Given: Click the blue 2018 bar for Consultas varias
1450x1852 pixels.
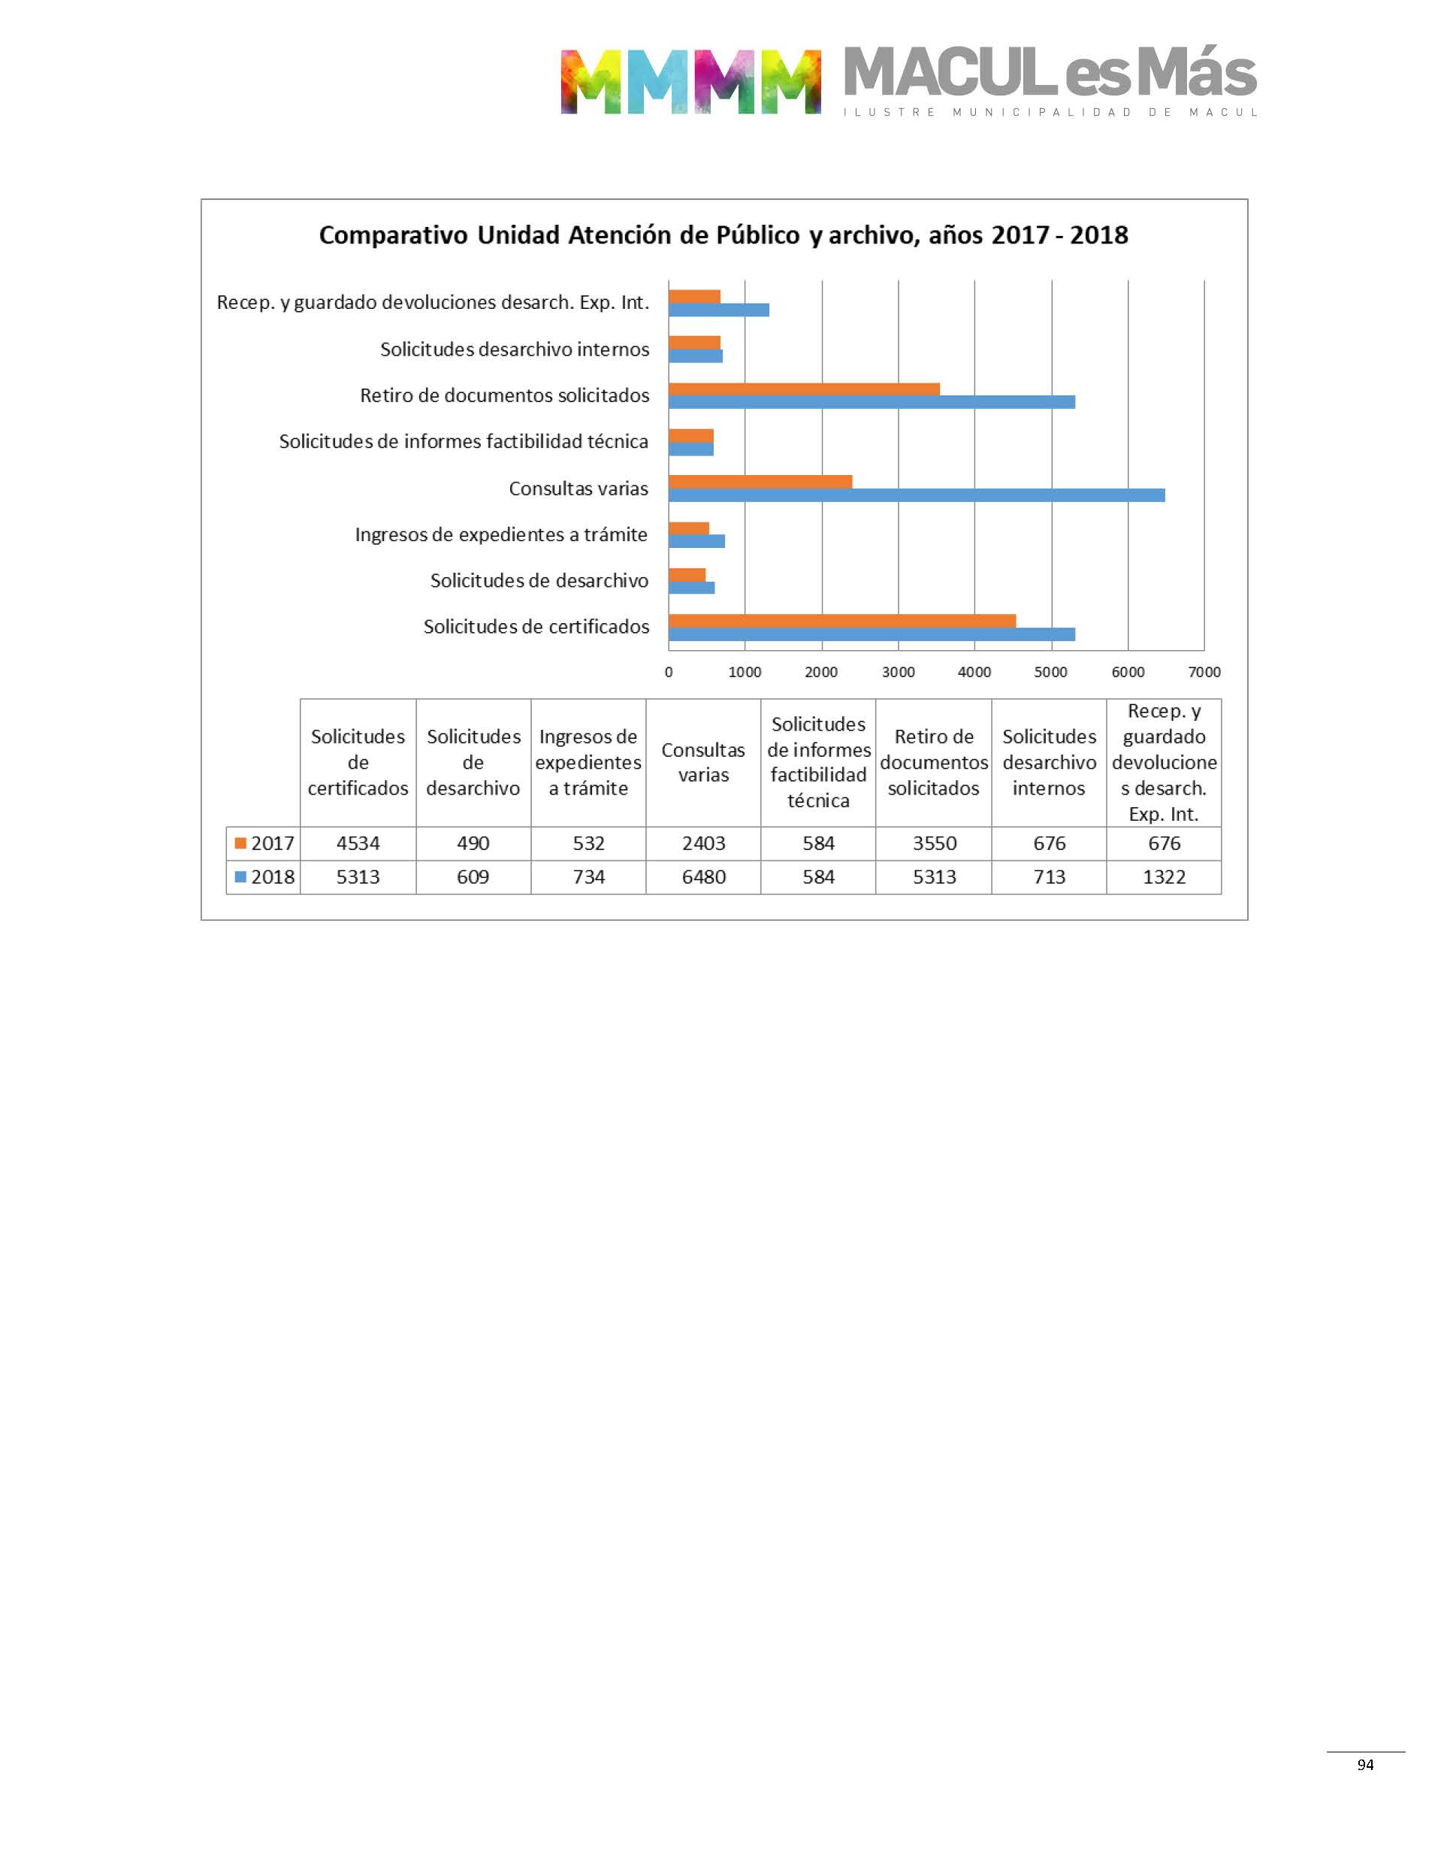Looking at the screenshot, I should tap(916, 495).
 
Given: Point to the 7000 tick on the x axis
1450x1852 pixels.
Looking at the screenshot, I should tap(1204, 672).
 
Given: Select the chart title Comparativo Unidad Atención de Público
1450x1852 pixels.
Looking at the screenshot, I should tap(723, 235).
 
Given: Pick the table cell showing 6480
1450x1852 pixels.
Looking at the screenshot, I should tap(703, 877).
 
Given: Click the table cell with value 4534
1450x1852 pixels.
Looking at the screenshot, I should tap(358, 843).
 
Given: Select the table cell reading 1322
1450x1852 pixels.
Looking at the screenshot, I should tap(1163, 877).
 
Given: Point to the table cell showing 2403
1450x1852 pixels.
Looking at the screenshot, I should tap(703, 843).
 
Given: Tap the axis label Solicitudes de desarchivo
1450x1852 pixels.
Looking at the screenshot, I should tap(539, 581).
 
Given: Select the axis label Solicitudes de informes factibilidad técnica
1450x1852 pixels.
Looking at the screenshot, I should tap(464, 441).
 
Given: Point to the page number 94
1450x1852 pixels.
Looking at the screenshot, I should tap(1365, 1765).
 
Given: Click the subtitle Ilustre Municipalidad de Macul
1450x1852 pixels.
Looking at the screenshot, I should tap(1050, 112).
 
